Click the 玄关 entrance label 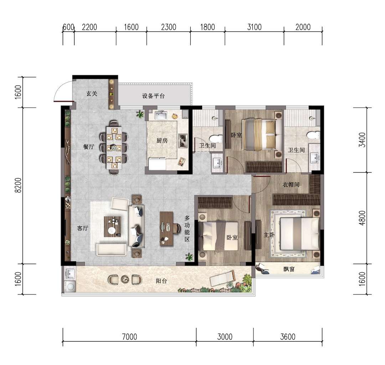pos(92,93)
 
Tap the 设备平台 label pos(153,96)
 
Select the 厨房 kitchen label pos(162,141)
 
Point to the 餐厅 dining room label pos(89,147)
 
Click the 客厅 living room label pos(83,228)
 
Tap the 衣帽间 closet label pos(291,185)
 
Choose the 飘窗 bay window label pos(289,269)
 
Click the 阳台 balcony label pos(161,281)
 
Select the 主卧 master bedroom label pos(269,235)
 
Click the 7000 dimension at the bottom pos(130,337)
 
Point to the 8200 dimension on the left pos(18,185)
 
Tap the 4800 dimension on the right pos(362,218)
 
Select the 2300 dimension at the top pos(169,27)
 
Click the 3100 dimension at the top pos(255,27)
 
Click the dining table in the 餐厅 pos(114,148)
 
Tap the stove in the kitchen pos(183,141)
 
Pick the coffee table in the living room pos(112,227)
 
